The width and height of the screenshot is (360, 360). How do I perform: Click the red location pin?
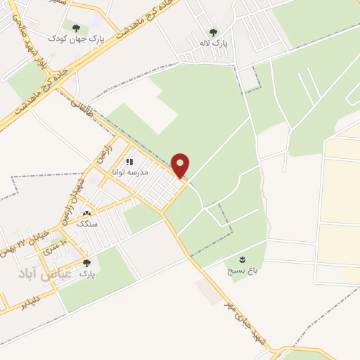click(x=181, y=165)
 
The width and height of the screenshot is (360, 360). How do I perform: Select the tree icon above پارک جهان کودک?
click(x=76, y=28)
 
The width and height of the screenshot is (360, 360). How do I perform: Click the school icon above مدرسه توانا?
click(x=131, y=162)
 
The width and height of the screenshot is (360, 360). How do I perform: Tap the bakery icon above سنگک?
click(x=86, y=214)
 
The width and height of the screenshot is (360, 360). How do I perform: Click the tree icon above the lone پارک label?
click(x=86, y=262)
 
